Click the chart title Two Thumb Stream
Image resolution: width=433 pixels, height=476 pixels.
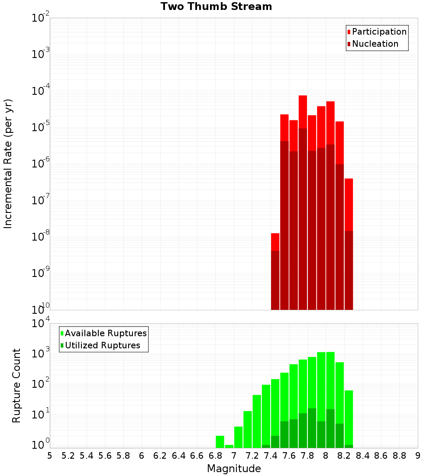[x=216, y=6]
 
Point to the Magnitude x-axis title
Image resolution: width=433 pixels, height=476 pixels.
[x=234, y=469]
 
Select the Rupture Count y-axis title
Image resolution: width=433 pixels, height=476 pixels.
[x=16, y=386]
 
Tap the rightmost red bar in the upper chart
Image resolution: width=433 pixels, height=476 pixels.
[x=349, y=242]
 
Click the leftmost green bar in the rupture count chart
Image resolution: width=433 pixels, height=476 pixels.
[x=220, y=441]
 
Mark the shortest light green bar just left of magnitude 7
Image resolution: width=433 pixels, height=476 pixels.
[x=229, y=446]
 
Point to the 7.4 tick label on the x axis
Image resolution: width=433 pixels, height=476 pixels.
[x=271, y=456]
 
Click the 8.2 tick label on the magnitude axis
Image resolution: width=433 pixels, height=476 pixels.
[x=344, y=456]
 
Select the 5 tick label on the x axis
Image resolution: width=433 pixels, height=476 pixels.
[x=50, y=456]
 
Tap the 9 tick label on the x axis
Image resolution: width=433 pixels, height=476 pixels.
[x=418, y=456]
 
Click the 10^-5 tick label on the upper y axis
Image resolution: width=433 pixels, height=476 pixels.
[x=40, y=128]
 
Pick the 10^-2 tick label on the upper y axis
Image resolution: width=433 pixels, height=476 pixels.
[x=40, y=18]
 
